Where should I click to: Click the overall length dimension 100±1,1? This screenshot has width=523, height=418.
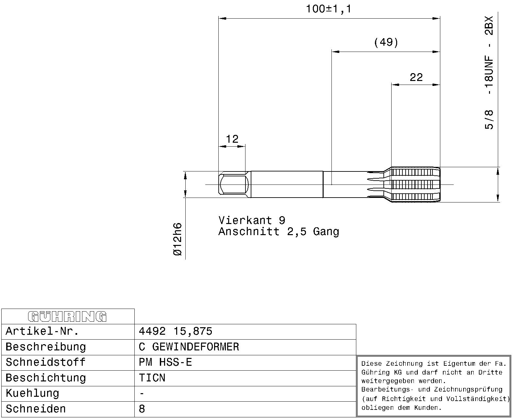[x=328, y=9]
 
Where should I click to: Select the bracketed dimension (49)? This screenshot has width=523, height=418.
[x=386, y=42]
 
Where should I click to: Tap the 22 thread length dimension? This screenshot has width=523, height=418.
[x=416, y=77]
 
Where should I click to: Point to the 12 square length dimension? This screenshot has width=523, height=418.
[x=232, y=139]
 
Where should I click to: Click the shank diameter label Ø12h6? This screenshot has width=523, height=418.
[x=177, y=239]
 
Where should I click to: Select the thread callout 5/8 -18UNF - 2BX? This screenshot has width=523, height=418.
[x=489, y=72]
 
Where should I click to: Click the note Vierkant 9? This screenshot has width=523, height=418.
[x=252, y=220]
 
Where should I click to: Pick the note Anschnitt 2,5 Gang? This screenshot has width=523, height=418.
[x=279, y=232]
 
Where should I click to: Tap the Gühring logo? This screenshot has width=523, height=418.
[x=67, y=316]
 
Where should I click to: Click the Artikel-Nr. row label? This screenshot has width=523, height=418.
[x=42, y=331]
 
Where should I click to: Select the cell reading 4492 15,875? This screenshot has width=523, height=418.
[x=176, y=331]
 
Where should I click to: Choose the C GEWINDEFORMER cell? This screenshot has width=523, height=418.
[x=189, y=347]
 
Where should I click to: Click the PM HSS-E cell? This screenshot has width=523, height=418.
[x=165, y=362]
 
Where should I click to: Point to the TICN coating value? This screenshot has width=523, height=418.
[x=152, y=378]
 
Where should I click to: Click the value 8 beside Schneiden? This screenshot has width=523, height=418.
[x=142, y=409]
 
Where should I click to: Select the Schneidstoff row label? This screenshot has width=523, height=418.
[x=45, y=362]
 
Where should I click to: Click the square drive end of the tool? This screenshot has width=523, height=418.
[x=233, y=185]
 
